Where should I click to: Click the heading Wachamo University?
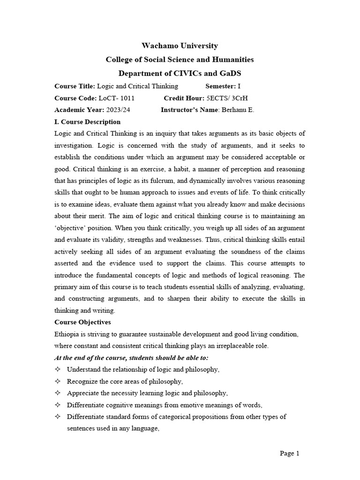[180, 45]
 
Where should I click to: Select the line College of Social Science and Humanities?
[180, 60]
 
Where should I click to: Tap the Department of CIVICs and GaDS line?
[180, 74]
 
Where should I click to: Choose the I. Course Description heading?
[88, 122]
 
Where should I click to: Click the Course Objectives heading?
[82, 322]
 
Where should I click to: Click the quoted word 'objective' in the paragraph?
[71, 228]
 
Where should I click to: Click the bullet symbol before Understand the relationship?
[58, 370]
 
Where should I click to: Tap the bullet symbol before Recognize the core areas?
[58, 382]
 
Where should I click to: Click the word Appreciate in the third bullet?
[83, 393]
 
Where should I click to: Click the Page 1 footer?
[289, 453]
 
